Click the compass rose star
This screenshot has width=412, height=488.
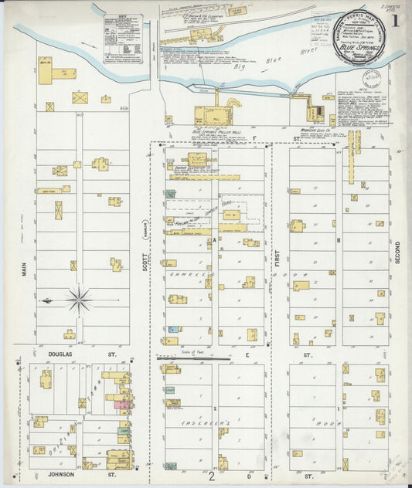pos(79,300)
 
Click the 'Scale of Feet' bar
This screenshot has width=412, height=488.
pos(193,358)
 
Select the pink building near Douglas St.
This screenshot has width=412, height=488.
pos(121,405)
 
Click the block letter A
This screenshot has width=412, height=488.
pos(214,240)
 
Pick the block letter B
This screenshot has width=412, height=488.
pos(339,240)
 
